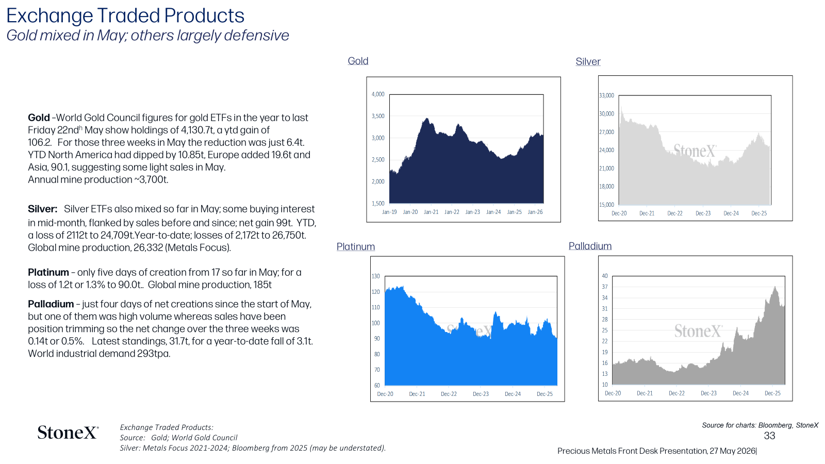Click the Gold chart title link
358,61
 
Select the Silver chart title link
588,61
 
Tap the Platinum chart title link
355,247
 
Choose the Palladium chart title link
590,246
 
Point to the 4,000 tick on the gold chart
377,94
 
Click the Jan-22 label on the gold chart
452,212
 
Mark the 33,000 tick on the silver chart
606,96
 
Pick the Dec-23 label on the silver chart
703,213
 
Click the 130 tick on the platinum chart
375,276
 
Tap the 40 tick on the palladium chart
605,276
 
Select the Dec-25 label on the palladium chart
772,393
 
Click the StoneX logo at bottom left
68,433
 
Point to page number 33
769,436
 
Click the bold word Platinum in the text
48,273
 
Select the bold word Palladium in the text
51,304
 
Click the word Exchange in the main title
49,16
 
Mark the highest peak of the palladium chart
775,287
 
